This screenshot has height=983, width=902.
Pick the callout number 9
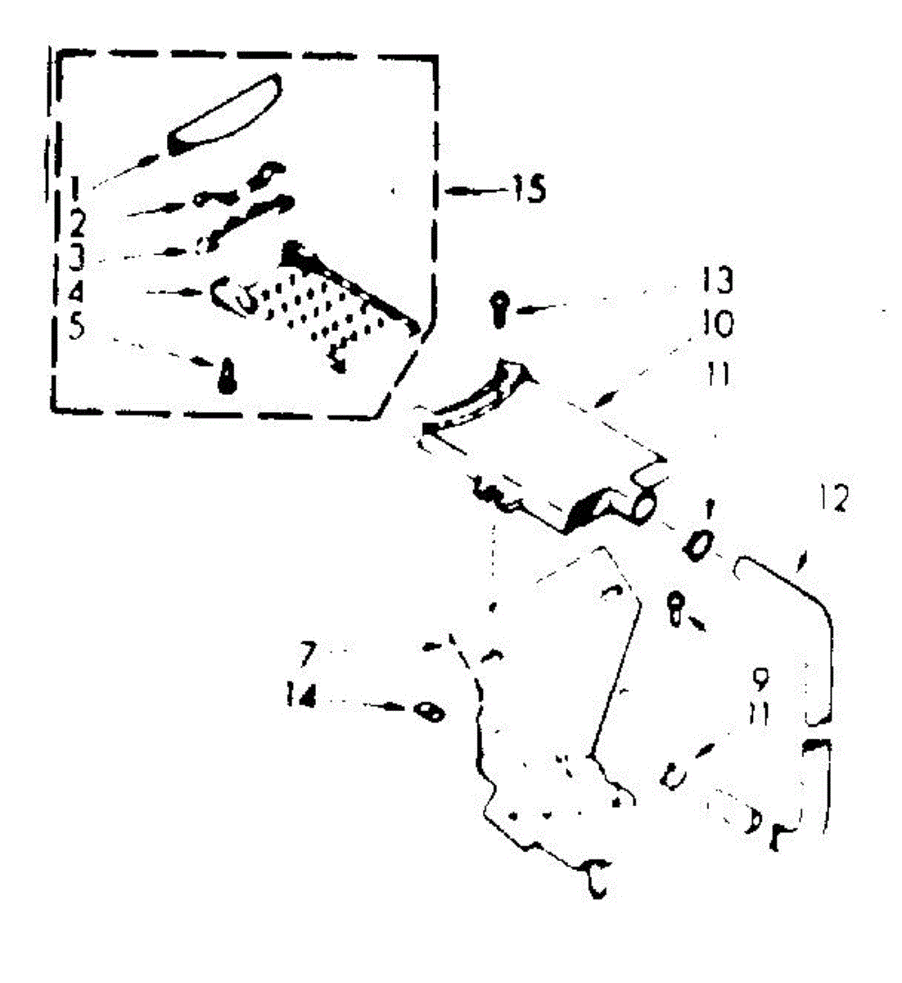pos(760,679)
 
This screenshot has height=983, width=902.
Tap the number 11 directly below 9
pos(759,714)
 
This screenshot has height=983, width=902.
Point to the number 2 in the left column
pos(75,221)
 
